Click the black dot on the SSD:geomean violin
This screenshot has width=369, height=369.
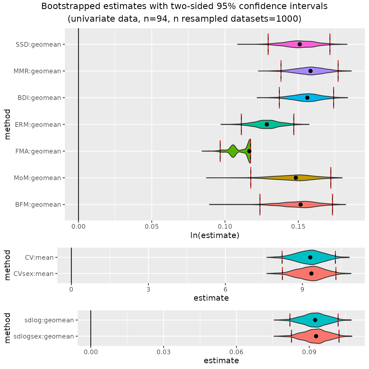(x=300, y=44)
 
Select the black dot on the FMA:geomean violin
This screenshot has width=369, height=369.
(x=249, y=151)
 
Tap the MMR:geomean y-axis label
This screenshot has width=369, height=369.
(x=37, y=71)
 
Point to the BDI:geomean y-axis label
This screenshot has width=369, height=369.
(x=39, y=98)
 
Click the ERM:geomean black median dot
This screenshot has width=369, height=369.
(x=267, y=124)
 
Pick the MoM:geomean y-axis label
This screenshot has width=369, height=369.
(x=37, y=178)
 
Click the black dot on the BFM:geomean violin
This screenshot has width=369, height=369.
(x=300, y=205)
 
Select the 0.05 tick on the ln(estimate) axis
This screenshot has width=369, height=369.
(x=152, y=227)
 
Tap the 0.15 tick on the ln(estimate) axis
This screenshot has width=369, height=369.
(x=298, y=227)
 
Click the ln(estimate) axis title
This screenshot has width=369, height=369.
(x=215, y=235)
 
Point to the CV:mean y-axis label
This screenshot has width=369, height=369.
(x=39, y=258)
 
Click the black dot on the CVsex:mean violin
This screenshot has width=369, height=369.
(x=311, y=273)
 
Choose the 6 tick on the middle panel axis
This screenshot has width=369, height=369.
(x=225, y=289)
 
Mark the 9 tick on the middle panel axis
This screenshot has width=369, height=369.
(x=302, y=289)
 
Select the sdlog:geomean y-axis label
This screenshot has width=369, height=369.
(x=49, y=320)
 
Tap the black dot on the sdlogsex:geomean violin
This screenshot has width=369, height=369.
(x=316, y=336)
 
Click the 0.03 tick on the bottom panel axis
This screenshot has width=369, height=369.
(x=164, y=352)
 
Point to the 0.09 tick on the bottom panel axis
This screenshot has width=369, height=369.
(x=309, y=352)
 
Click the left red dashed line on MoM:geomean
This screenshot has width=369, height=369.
(x=251, y=178)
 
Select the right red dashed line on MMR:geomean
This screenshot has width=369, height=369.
(x=338, y=71)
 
